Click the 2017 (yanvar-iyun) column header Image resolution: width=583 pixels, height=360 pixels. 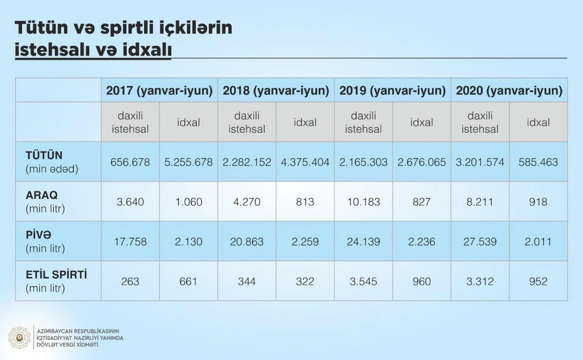(159, 91)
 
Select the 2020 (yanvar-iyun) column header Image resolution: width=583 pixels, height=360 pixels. (508, 91)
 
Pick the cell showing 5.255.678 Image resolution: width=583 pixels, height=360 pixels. (189, 163)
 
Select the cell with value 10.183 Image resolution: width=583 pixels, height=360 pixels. (364, 202)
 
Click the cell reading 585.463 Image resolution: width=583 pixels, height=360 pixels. (538, 163)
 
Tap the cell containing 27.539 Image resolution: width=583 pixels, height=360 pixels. (480, 242)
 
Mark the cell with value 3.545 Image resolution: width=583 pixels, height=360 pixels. (364, 282)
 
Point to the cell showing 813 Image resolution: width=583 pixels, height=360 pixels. (305, 202)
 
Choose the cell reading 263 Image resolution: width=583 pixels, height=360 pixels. (130, 282)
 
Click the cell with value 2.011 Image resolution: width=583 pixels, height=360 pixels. (538, 242)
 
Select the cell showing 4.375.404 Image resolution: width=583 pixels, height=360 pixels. (305, 163)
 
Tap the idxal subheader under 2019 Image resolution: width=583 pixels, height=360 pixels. (422, 123)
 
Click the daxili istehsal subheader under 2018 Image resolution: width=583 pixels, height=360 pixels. (247, 122)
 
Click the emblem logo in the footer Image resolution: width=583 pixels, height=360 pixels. (19, 337)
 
